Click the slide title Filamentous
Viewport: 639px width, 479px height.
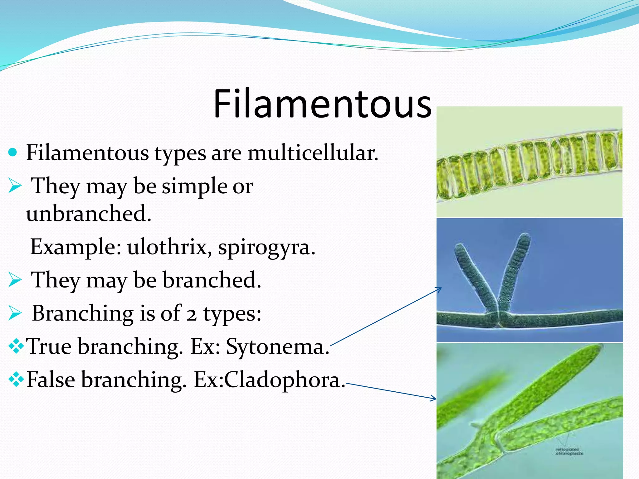point(322,104)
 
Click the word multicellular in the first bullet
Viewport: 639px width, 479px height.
point(313,153)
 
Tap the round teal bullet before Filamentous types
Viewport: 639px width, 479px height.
point(12,152)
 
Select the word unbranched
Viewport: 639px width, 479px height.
point(88,214)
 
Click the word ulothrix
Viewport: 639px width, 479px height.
point(167,247)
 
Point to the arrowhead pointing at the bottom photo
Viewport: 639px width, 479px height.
point(434,398)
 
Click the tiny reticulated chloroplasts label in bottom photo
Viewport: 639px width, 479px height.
point(569,451)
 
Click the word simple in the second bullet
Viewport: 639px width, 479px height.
point(194,186)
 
